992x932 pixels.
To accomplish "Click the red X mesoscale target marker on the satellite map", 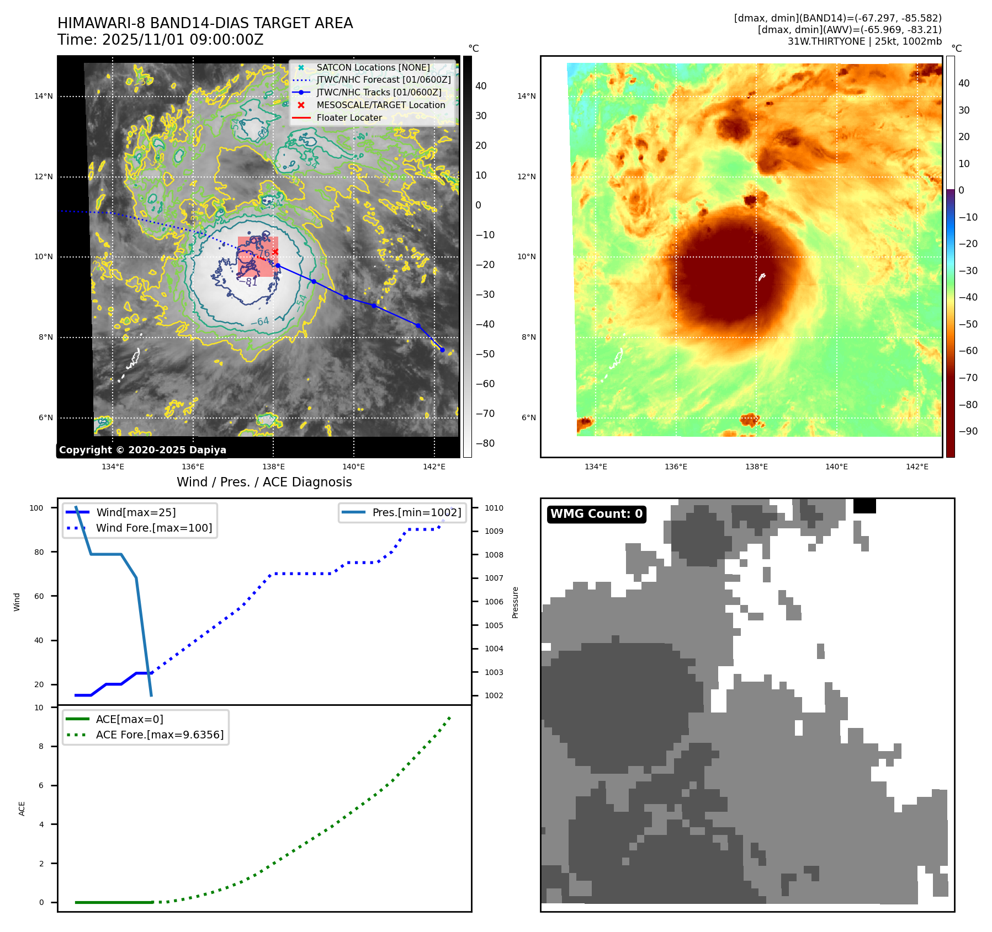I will [275, 252].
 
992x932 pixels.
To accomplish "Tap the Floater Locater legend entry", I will [349, 117].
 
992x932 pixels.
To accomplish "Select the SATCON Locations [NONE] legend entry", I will [373, 67].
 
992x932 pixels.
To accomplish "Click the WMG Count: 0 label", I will [596, 514].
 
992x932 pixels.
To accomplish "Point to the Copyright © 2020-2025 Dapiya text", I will [142, 450].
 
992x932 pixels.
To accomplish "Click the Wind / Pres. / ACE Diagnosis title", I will [264, 482].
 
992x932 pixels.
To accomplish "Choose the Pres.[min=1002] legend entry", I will [416, 512].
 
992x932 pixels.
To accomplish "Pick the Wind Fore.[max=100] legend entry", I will [153, 528].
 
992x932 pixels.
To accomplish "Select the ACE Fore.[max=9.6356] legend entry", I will [160, 735].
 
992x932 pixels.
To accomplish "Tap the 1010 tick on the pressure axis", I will [494, 508].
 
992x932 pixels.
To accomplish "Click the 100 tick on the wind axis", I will [36, 508].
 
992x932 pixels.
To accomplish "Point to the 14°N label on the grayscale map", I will [44, 97].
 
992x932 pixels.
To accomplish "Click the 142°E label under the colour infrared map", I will [917, 467].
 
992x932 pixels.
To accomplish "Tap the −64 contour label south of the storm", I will [260, 321].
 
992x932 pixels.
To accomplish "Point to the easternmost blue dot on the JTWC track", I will [442, 350].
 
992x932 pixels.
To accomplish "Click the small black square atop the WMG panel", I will [864, 506].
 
